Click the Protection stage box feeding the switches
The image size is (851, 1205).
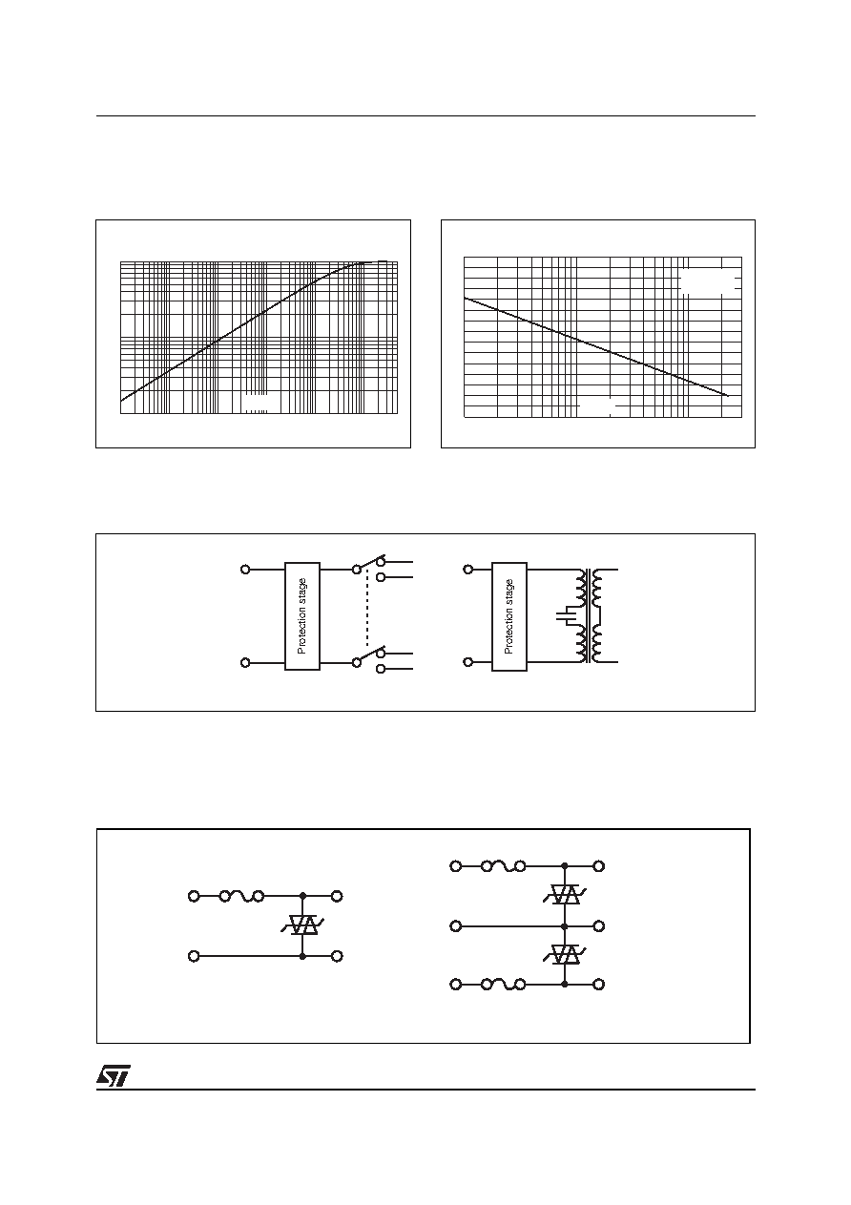302,616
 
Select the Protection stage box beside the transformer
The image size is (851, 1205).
509,616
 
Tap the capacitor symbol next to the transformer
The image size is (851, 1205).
567,616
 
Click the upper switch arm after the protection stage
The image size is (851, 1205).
372,562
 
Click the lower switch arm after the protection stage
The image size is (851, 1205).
372,654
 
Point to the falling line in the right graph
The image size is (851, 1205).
596,346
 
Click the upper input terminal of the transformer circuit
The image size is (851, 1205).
468,570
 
